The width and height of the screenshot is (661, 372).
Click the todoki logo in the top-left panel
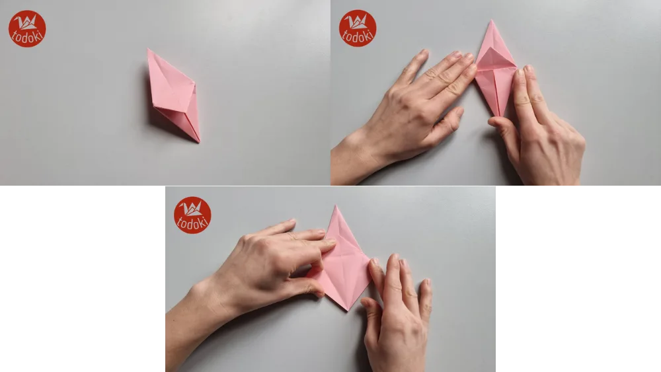click(27, 28)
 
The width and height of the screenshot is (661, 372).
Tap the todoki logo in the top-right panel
click(358, 28)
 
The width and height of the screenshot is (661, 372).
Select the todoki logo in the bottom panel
click(192, 215)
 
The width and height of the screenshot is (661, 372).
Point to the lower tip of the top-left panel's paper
click(198, 141)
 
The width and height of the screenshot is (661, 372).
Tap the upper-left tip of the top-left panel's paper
click(149, 50)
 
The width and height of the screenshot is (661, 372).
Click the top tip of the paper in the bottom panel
click(337, 207)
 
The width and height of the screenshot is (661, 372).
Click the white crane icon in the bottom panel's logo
click(192, 209)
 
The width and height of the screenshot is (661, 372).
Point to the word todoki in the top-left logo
click(27, 37)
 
